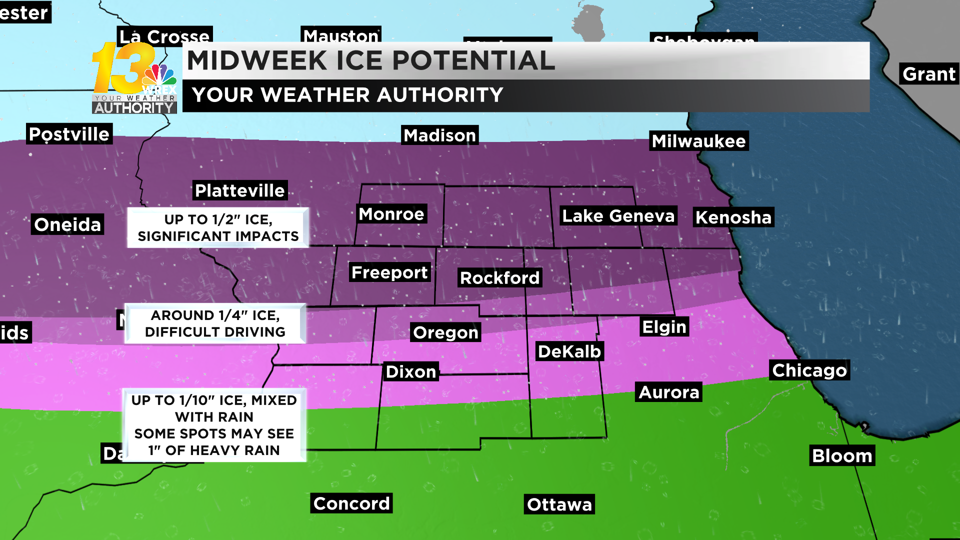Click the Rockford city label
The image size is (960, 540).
[x=499, y=278]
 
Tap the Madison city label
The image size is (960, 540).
[x=440, y=135]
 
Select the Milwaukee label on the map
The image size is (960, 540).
[x=699, y=141]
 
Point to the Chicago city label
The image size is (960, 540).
[x=809, y=370]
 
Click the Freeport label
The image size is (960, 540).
[x=389, y=272]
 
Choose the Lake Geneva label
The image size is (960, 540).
[x=618, y=216]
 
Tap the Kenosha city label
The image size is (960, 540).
[x=733, y=217]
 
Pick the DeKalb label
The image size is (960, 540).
[x=569, y=351]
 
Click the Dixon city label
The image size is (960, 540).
[x=411, y=372]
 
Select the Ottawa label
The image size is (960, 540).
[x=559, y=504]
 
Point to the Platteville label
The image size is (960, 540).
[x=240, y=190]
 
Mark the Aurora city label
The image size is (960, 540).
[x=669, y=392]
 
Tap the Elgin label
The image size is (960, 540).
[x=664, y=327]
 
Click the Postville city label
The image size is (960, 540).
[x=69, y=134]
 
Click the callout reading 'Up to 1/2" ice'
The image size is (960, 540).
[x=218, y=228]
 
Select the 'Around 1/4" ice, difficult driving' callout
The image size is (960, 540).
[x=215, y=323]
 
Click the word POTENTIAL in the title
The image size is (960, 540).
[x=473, y=60]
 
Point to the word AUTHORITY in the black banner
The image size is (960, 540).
[x=440, y=95]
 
